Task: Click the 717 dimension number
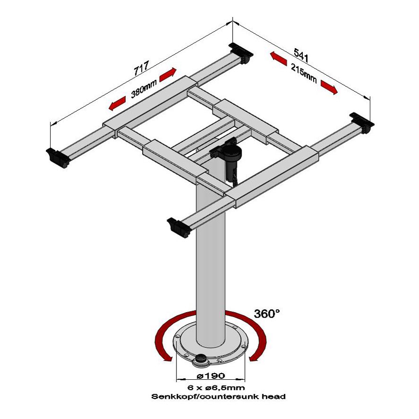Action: (x=141, y=68)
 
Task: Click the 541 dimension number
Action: (x=301, y=55)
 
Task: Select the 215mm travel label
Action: (x=304, y=73)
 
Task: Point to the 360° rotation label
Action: (x=267, y=313)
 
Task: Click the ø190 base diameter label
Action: (x=211, y=375)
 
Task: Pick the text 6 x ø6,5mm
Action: (x=216, y=387)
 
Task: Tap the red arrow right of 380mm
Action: (x=168, y=75)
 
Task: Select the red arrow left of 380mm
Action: (x=117, y=104)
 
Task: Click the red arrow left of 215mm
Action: (x=279, y=59)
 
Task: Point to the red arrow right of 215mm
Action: (x=329, y=87)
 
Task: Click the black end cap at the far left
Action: (x=57, y=158)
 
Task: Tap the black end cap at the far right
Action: (x=362, y=122)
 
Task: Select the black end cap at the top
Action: (x=241, y=53)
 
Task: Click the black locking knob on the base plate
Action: (x=200, y=359)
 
